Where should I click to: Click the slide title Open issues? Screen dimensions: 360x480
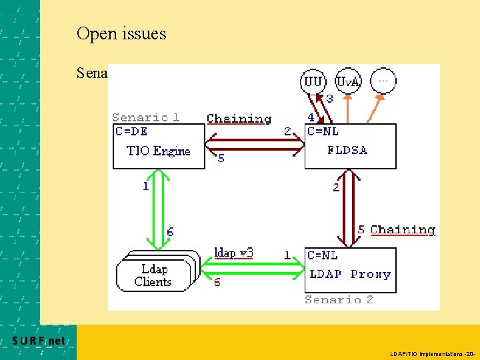[x=121, y=33]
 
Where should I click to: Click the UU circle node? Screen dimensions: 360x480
[x=313, y=82]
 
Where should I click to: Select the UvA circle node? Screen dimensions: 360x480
[x=347, y=82]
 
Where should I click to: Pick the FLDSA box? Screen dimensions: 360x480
[x=350, y=146]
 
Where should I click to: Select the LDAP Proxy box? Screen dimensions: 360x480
[x=350, y=270]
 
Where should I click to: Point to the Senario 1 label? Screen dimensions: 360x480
[x=145, y=117]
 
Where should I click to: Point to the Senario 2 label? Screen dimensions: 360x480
[x=339, y=300]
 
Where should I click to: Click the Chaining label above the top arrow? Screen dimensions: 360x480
[x=239, y=119]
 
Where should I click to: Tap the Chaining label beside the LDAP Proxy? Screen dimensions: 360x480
[x=403, y=230]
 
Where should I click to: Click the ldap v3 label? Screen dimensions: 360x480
[x=233, y=253]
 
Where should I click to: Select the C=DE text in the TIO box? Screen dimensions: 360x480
[x=131, y=131]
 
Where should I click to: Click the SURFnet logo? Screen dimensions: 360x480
[x=39, y=341]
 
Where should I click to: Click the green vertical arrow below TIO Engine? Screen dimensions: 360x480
[x=159, y=199]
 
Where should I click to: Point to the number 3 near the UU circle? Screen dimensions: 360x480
[x=329, y=99]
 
